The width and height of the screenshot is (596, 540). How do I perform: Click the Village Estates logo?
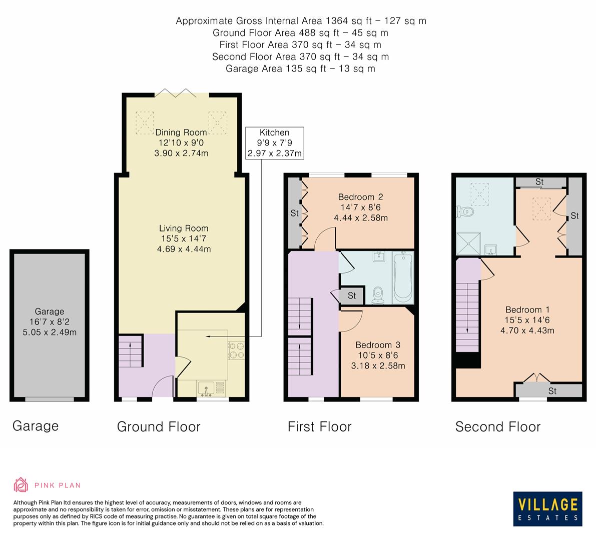pos(547,508)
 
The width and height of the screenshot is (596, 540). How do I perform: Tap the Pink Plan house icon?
pos(21,484)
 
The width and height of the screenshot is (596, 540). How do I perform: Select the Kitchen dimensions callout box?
pos(274,143)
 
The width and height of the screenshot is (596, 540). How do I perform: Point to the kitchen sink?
pos(206,389)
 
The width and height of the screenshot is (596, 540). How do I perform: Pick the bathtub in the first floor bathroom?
pos(403,278)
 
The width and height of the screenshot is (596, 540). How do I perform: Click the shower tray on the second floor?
pos(468,244)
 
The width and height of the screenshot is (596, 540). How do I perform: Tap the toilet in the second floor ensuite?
pos(464,211)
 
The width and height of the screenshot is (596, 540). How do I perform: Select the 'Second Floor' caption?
pos(498,427)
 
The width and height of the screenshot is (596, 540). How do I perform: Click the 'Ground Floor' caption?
pos(159,427)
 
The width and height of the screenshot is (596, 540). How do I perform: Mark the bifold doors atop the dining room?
pos(176,92)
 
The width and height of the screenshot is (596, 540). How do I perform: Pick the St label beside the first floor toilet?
pos(352,295)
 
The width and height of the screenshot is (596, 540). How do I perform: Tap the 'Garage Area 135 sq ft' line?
pos(300,68)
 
